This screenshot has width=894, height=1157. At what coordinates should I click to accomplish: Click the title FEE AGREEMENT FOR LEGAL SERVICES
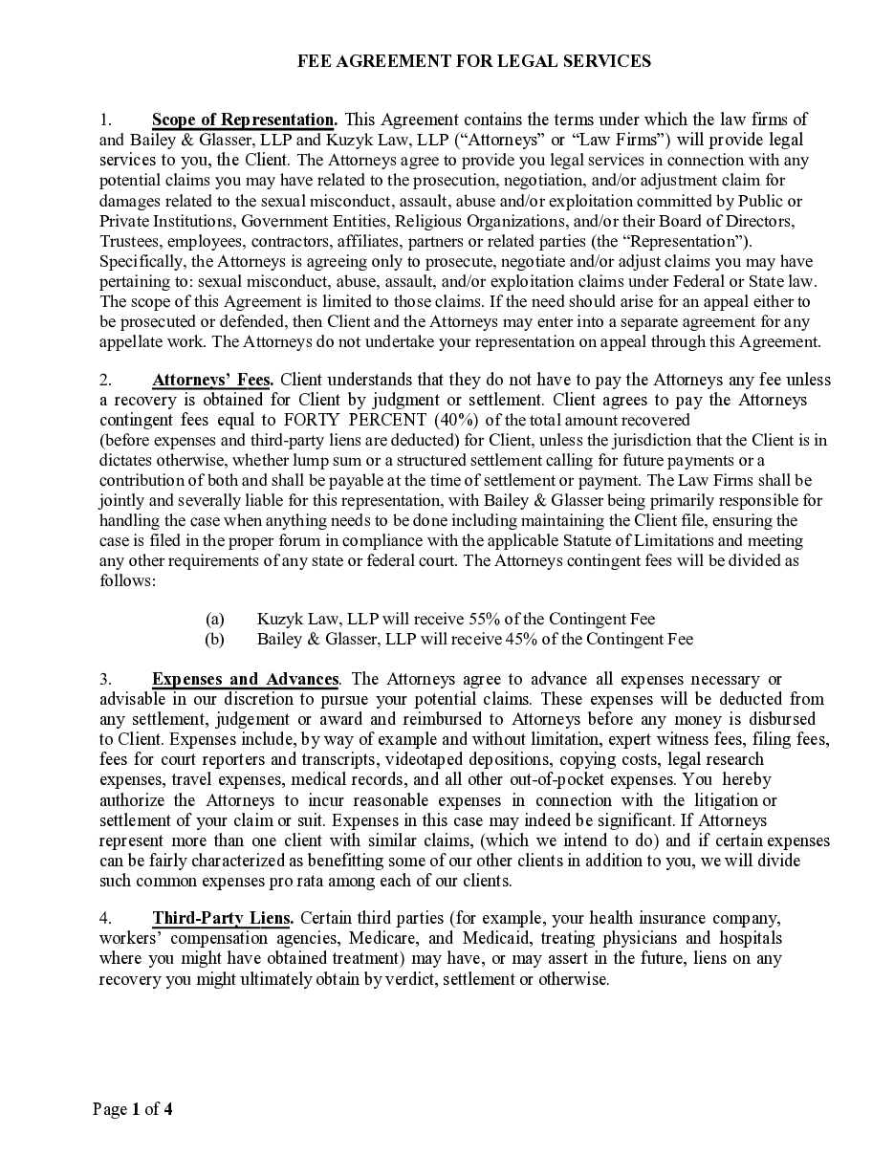pos(474,61)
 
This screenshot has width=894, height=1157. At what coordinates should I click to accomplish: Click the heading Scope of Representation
pos(244,120)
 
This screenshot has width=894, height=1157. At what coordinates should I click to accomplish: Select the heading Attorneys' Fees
pos(212,380)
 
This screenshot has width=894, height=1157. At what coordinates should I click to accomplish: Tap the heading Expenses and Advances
pos(246,679)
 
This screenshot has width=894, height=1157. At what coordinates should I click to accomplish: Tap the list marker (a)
pos(215,619)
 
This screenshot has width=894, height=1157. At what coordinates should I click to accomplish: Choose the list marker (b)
pos(215,639)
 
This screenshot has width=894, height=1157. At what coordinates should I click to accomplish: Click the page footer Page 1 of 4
pos(133,1109)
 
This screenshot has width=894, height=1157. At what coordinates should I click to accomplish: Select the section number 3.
pos(105,679)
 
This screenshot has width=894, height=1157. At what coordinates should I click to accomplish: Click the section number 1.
pos(105,120)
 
